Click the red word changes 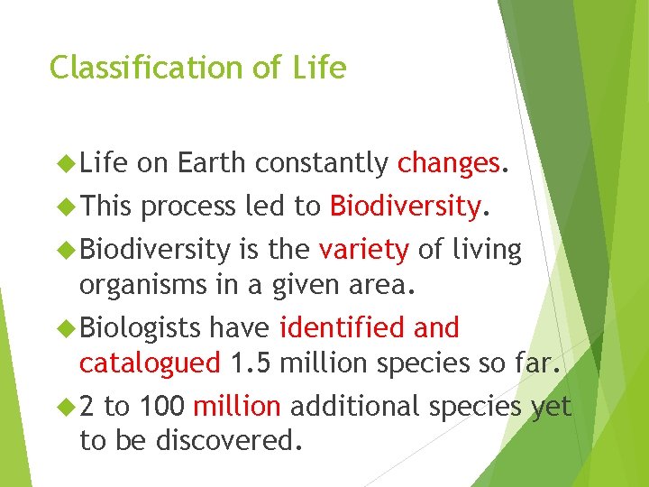pos(448,163)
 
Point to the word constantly pos(322,163)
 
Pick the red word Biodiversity pos(404,207)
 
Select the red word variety pos(364,250)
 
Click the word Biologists pos(142,327)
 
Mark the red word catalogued pos(150,363)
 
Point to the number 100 pos(162,406)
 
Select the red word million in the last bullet pos(237,406)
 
